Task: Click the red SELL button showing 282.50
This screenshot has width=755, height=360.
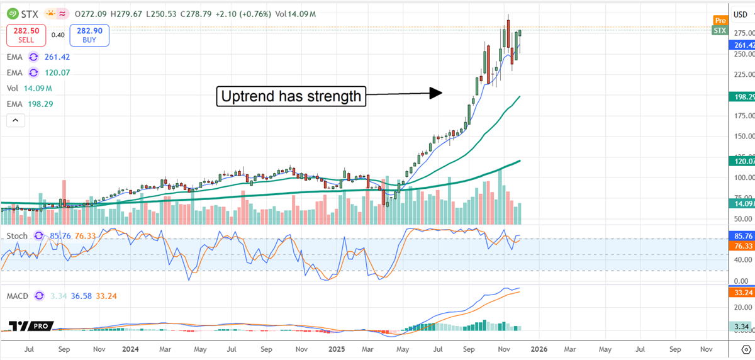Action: tap(26, 35)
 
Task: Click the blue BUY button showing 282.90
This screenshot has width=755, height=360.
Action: tap(91, 35)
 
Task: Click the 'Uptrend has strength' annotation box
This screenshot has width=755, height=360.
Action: tap(291, 96)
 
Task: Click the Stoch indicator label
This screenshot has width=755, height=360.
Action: tap(17, 236)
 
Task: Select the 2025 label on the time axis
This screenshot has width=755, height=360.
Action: tap(333, 347)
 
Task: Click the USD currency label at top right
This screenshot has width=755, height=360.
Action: tap(741, 13)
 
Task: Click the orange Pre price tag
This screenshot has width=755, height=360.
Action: tap(720, 20)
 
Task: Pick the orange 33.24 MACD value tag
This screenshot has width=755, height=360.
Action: tap(742, 292)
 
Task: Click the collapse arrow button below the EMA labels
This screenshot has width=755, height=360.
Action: tap(16, 120)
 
